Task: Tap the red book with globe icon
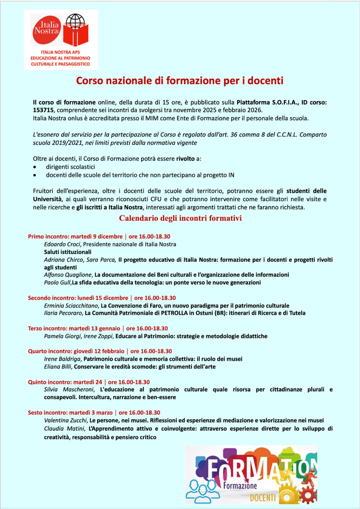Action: click(x=75, y=30)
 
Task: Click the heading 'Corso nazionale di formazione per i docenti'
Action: click(x=179, y=80)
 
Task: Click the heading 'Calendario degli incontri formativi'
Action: click(x=180, y=218)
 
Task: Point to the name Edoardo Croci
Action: click(x=62, y=244)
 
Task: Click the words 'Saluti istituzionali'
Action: click(x=67, y=252)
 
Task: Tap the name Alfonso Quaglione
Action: click(x=68, y=275)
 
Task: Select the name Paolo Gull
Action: click(x=57, y=282)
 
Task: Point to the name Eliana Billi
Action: click(x=58, y=367)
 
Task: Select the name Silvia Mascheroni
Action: click(x=69, y=390)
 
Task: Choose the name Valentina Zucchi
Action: click(x=65, y=421)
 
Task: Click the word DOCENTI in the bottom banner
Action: click(x=263, y=498)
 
